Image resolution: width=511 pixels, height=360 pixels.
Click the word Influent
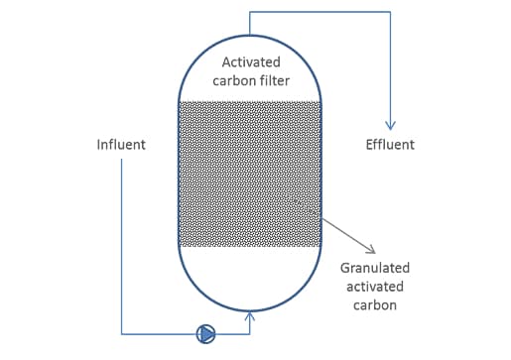(121, 145)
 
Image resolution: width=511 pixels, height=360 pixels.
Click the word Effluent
(390, 145)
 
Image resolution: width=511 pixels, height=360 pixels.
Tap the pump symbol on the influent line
(205, 334)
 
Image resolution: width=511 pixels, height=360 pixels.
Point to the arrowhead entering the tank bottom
(249, 316)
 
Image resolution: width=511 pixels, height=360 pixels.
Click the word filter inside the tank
(272, 80)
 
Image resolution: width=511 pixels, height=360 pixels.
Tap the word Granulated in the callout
(374, 268)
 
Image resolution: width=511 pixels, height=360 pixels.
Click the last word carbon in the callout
(375, 304)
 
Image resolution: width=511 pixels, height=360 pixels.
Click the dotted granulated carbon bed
(248, 174)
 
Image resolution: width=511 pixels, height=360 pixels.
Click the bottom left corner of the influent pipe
(121, 334)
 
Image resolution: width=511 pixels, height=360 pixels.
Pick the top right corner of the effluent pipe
(390, 12)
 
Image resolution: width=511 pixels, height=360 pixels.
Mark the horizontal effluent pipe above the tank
(318, 12)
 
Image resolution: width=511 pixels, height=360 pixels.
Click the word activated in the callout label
(375, 287)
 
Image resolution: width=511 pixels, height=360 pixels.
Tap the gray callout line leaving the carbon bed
(342, 230)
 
